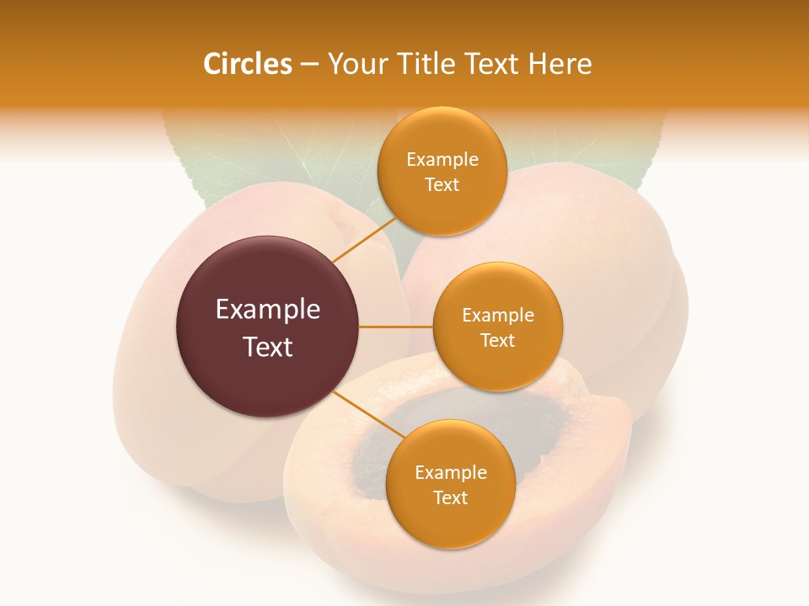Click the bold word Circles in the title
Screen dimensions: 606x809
[x=247, y=64]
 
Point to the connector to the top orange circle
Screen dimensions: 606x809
[x=364, y=240]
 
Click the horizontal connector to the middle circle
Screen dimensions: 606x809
[x=396, y=327]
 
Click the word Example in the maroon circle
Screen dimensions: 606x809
[x=268, y=310]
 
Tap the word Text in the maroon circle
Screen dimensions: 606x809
[x=268, y=347]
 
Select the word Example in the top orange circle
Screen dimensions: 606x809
[x=442, y=159]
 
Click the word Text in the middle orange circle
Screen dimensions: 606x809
[x=498, y=340]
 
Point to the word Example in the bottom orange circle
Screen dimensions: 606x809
[x=451, y=472]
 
